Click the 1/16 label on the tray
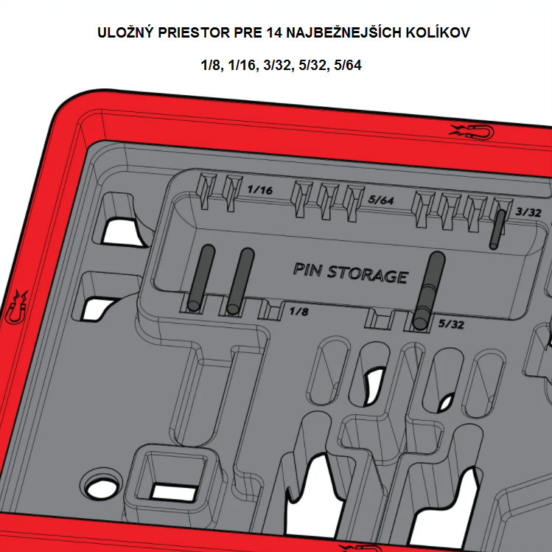point(260,189)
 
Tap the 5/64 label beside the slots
point(381,200)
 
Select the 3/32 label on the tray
point(528,212)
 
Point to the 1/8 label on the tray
point(299,311)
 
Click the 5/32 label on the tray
point(451,324)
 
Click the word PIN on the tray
point(307,270)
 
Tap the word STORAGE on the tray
point(368,275)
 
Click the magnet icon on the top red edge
point(472,132)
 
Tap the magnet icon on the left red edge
point(15,307)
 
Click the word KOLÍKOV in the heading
point(438,32)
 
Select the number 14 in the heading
point(274,32)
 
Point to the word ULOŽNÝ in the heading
point(125,32)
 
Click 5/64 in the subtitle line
point(348,65)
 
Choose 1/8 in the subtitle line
point(212,65)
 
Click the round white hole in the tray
point(101,489)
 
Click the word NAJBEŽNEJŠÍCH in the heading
point(343,32)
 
